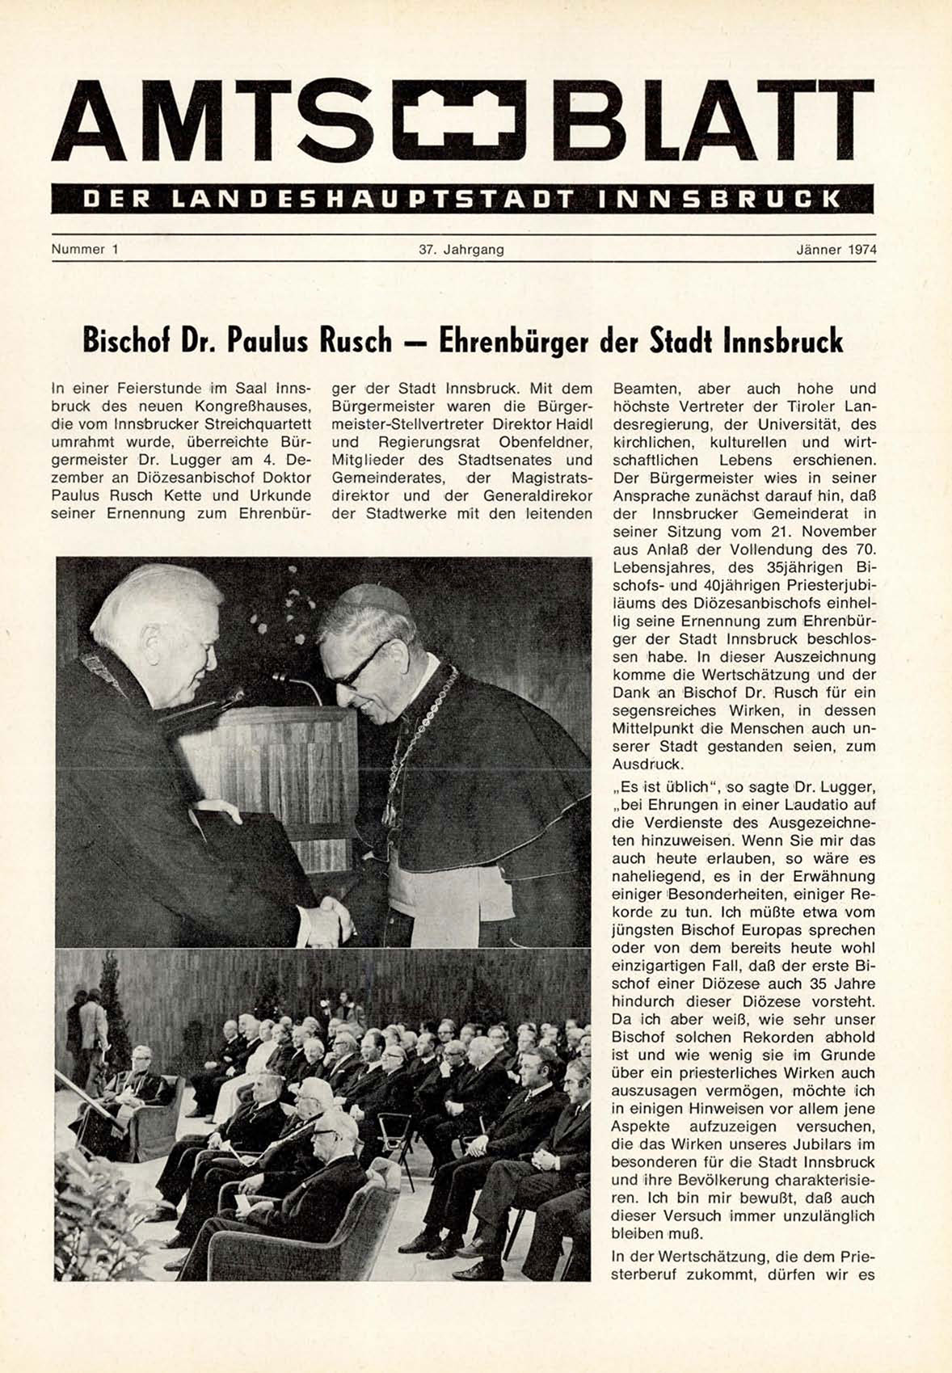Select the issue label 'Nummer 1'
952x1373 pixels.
pos(85,250)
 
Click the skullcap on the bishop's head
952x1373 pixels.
pos(374,599)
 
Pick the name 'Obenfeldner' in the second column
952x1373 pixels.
pos(546,442)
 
